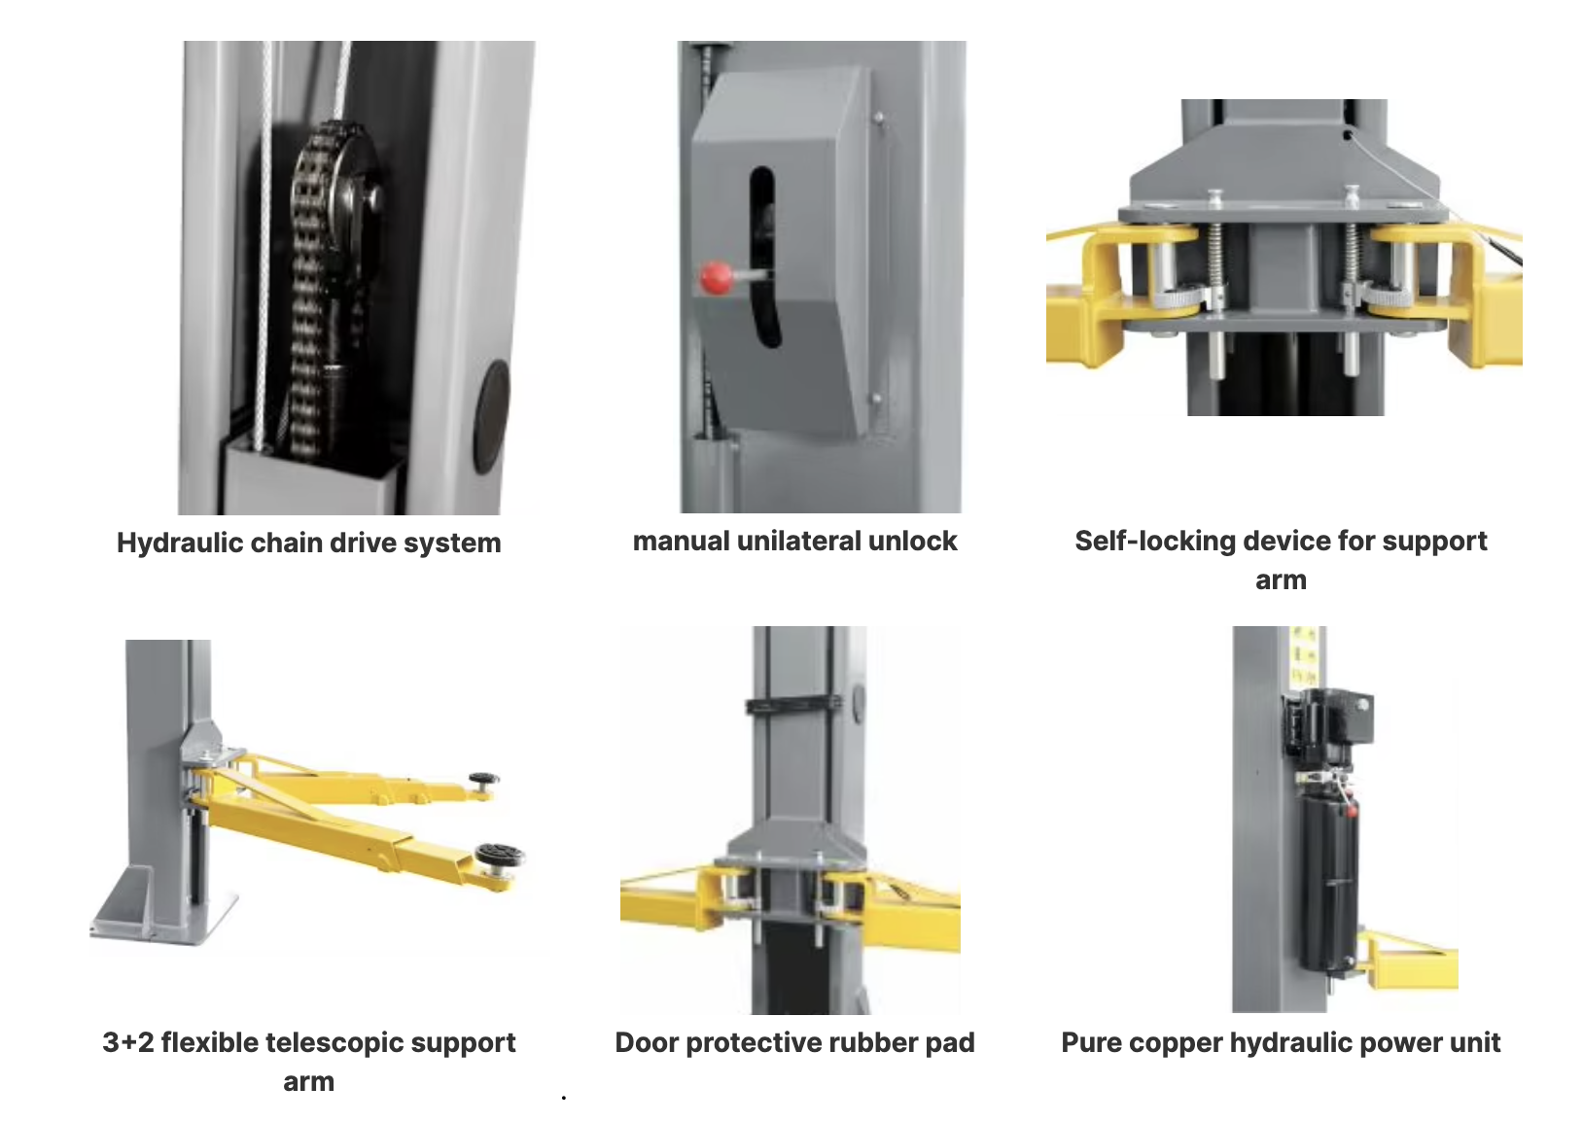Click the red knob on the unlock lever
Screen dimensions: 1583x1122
[716, 278]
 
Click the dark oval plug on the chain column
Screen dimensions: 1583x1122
[491, 416]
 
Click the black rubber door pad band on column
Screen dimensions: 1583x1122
[794, 705]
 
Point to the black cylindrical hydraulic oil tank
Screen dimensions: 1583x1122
[1328, 883]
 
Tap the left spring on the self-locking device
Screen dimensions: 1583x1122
[1214, 264]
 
